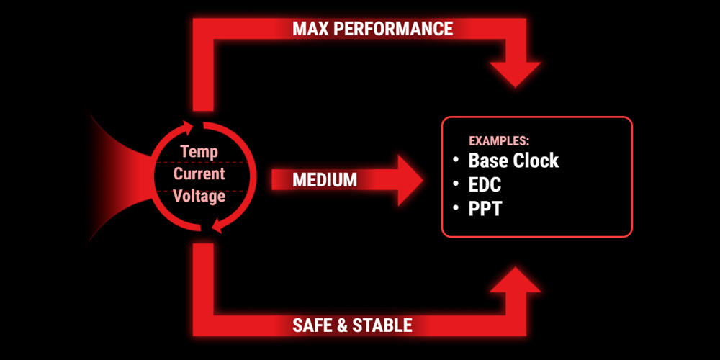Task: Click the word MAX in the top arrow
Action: [x=310, y=29]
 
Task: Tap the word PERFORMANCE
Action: [x=392, y=29]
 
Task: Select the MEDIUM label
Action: [x=325, y=180]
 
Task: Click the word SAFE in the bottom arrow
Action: [x=310, y=325]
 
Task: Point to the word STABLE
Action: [x=382, y=325]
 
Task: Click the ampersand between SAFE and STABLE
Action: [x=341, y=325]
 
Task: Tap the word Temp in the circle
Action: [x=199, y=151]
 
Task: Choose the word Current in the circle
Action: [x=199, y=174]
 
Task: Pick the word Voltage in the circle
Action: [x=199, y=197]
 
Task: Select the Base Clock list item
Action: [x=513, y=161]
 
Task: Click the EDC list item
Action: [x=485, y=184]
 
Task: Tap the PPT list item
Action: [x=485, y=209]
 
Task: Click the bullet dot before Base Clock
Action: [x=456, y=159]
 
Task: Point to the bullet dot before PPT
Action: [x=456, y=208]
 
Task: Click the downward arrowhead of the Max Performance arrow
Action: [x=516, y=74]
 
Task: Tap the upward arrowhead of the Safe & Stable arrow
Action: [x=516, y=279]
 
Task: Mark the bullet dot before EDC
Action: [x=456, y=184]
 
